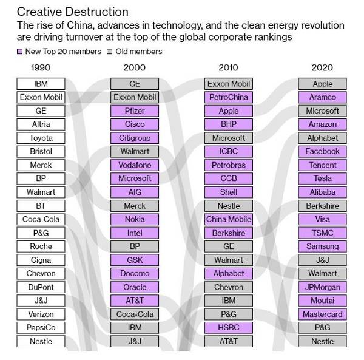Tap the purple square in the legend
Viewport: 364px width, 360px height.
(20, 52)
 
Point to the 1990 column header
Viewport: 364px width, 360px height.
(41, 67)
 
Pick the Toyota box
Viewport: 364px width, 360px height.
(41, 138)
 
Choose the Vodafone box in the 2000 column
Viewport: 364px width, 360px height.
(135, 165)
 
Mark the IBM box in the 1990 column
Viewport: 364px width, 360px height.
(41, 84)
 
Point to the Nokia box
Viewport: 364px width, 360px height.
(135, 219)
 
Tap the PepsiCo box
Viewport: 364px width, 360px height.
(41, 328)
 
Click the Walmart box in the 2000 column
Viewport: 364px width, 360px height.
(135, 151)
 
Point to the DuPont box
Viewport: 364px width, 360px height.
(41, 287)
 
